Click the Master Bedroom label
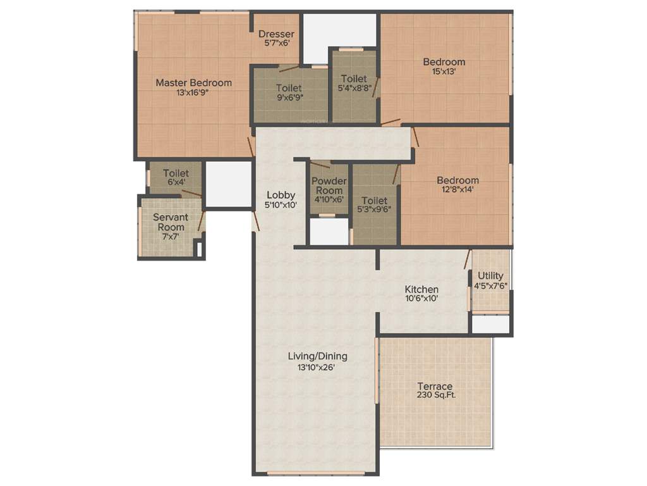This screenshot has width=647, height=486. (193, 82)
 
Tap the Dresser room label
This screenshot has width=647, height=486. (276, 34)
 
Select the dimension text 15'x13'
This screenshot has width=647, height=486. (444, 72)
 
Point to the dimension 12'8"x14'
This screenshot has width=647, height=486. (457, 189)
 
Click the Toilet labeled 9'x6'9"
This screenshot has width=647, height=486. (288, 88)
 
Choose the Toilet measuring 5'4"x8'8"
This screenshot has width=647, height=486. (353, 78)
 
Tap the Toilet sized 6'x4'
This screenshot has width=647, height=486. (175, 173)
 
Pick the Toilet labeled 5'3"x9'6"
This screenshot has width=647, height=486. (374, 201)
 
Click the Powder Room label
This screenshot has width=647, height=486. (329, 185)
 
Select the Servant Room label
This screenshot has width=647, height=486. (171, 222)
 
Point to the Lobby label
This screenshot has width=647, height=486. (281, 195)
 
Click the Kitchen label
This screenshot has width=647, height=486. (421, 289)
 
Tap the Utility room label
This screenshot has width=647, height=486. (490, 275)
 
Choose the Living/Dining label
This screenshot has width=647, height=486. (317, 356)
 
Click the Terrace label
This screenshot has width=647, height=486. (434, 386)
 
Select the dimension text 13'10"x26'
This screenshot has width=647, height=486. (317, 366)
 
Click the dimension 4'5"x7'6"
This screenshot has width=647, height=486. (491, 285)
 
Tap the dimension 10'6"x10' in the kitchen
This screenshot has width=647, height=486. (421, 299)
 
